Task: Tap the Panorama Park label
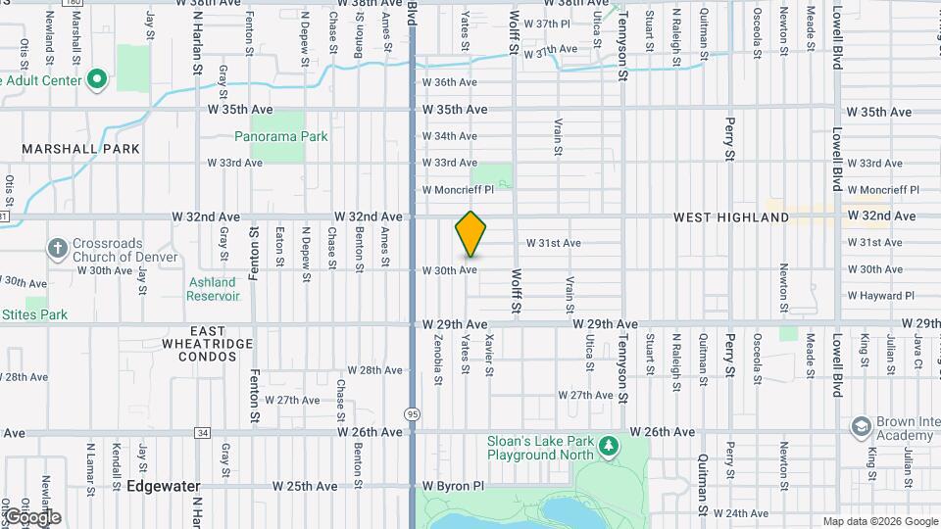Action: coord(288,137)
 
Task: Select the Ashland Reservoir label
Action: coord(213,289)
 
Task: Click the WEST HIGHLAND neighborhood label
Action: coord(731,216)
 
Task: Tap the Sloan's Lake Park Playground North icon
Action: coord(610,447)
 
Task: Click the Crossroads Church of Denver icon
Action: coord(58,246)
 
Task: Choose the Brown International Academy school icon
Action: coord(862,427)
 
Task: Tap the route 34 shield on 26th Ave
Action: coord(202,432)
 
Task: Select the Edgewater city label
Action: coord(163,486)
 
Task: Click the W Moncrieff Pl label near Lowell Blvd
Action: coord(882,190)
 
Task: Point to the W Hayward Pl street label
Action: coord(880,296)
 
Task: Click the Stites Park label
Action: coord(35,315)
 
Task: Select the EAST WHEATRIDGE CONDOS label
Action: coord(208,344)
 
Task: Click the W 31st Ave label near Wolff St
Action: coord(554,243)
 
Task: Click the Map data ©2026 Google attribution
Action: coord(879,521)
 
